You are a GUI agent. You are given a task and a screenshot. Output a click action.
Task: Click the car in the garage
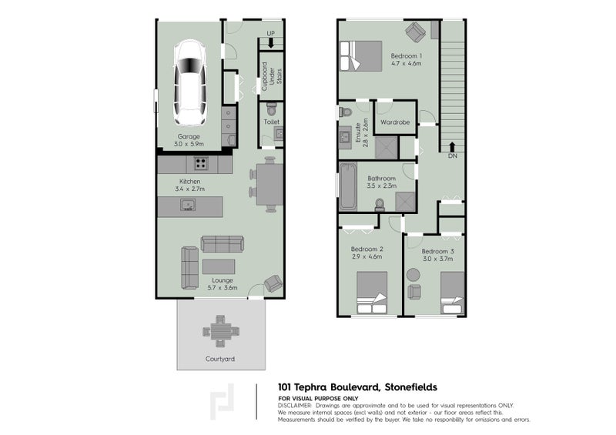tap(189, 85)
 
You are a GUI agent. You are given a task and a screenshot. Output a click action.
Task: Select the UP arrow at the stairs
tap(270, 42)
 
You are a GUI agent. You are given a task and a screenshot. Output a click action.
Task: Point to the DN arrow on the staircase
tap(453, 146)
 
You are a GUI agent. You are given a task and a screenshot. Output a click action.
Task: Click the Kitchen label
tap(189, 181)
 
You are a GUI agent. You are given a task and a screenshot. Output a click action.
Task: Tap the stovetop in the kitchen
tap(202, 162)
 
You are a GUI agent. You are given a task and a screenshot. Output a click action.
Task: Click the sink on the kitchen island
tap(187, 205)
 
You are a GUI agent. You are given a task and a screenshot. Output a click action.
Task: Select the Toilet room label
tap(270, 122)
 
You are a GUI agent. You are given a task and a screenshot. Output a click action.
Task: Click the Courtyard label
tap(219, 359)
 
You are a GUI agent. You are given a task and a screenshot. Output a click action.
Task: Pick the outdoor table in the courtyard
tap(219, 330)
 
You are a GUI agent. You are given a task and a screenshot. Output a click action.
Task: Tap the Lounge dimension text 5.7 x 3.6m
tap(223, 288)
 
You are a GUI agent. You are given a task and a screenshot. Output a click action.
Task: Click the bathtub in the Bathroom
tap(347, 186)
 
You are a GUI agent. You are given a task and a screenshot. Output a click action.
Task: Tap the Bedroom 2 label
tap(367, 249)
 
